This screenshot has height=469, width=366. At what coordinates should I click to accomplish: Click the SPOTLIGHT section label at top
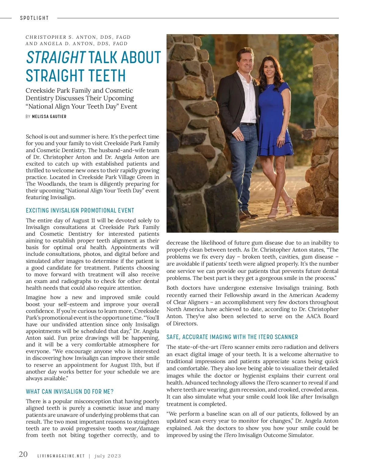[34, 18]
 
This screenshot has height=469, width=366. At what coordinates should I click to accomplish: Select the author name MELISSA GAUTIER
[49, 116]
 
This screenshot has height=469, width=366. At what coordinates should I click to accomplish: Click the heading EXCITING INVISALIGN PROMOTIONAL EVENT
[80, 210]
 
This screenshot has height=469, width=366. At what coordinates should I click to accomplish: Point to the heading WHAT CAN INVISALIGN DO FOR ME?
[70, 392]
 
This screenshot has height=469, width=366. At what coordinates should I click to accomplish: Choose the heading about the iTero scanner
[232, 337]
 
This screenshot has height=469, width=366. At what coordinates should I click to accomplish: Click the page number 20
[23, 454]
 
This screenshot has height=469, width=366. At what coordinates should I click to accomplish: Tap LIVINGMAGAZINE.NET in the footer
[61, 456]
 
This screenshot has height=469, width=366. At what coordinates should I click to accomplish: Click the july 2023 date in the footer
[108, 456]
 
